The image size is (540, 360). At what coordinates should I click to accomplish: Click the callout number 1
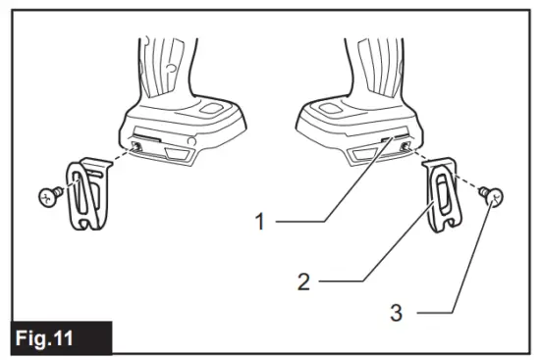(x=260, y=223)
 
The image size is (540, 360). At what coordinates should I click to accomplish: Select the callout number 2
(x=304, y=282)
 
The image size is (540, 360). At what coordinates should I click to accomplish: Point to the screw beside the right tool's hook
(x=495, y=200)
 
